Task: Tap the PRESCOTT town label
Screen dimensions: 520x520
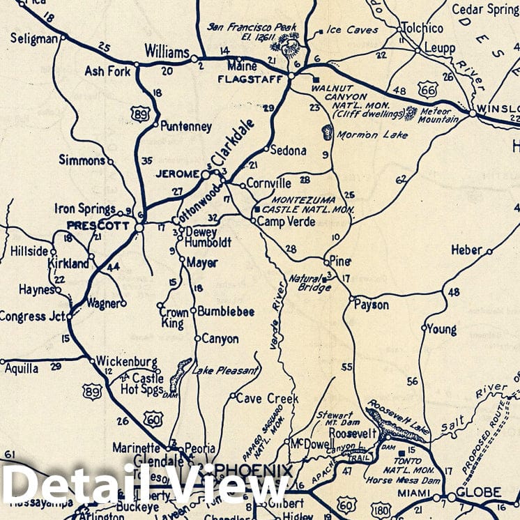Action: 98,225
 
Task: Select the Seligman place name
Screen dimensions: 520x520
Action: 33,39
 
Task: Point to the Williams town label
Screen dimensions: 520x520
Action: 167,53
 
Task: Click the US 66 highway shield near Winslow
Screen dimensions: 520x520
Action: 428,89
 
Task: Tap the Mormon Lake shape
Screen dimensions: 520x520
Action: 328,132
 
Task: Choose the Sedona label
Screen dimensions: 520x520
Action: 288,150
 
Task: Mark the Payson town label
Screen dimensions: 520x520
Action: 371,305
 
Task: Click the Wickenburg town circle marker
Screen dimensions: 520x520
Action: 92,360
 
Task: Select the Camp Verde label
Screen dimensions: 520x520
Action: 286,222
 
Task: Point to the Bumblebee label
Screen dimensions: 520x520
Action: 225,312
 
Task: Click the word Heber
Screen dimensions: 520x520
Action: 466,250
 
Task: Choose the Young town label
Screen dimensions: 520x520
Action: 442,329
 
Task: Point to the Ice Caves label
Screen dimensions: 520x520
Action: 353,31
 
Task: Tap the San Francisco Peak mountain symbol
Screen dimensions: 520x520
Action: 287,46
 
